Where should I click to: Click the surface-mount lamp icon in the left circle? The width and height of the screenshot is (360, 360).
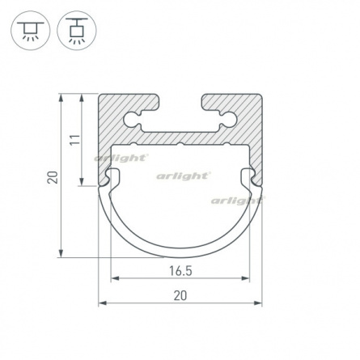pos(31,30)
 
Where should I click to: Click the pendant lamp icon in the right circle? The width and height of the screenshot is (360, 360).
pos(77,30)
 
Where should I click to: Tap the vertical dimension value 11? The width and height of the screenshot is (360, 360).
pos(75,140)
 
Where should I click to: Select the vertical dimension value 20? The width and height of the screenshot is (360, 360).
pos(53,177)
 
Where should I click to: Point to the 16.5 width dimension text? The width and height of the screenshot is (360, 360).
pos(180,271)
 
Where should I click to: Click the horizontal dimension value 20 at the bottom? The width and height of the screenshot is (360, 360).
pos(180,296)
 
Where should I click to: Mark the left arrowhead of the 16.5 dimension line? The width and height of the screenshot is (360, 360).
pos(115,278)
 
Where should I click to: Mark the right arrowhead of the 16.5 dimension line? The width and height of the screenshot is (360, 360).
pos(246,278)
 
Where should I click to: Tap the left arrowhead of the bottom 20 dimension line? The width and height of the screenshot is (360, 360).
pos(103,303)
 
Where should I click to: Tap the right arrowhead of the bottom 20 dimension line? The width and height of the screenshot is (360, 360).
pos(258,303)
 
